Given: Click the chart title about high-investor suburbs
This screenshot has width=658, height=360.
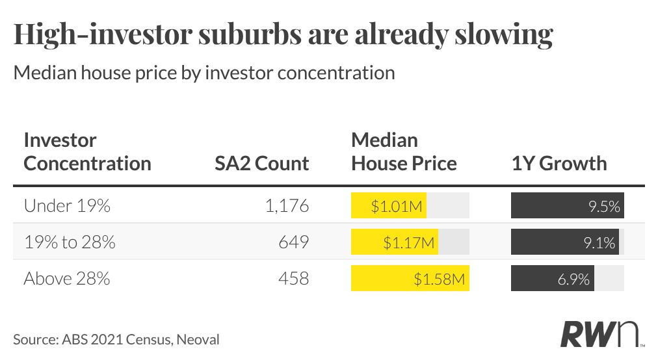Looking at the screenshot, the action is coord(283,34).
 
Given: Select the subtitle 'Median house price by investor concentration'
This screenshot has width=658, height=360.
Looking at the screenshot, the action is coord(204,73).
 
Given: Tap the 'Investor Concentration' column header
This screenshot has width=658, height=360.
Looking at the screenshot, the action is coord(87,151).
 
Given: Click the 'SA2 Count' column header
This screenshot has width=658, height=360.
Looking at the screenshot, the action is coord(262,163).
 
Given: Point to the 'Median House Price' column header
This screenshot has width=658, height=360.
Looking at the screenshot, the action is coord(404,151).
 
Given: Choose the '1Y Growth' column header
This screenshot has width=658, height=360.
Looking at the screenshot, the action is coord(559,163).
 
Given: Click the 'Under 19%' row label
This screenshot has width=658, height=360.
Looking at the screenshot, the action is coord(67,205).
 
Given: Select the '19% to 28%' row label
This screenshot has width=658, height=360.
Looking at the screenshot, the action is coord(70,242).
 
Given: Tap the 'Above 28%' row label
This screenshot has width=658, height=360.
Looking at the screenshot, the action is coord(67,279).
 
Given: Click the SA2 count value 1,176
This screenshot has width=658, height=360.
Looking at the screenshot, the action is coord(287,205).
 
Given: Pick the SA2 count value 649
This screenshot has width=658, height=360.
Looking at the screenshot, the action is coord(294,242).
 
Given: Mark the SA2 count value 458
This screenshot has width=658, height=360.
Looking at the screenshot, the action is coord(294,279).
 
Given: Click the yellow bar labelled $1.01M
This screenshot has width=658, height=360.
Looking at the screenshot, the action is coord(389,205).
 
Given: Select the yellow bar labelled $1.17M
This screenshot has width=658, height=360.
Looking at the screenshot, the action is coord(395,242).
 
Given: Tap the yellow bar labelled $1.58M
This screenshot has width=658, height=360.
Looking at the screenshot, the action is coord(410,278).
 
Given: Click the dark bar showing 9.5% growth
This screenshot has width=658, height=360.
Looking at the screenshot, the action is coord(568,205).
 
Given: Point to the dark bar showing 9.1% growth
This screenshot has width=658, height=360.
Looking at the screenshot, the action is coord(565,242).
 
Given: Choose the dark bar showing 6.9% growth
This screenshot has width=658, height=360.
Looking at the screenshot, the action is coord(553,278).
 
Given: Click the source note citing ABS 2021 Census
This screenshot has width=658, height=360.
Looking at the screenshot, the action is coord(116,339).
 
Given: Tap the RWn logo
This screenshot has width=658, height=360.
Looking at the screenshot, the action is coord(601,335).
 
